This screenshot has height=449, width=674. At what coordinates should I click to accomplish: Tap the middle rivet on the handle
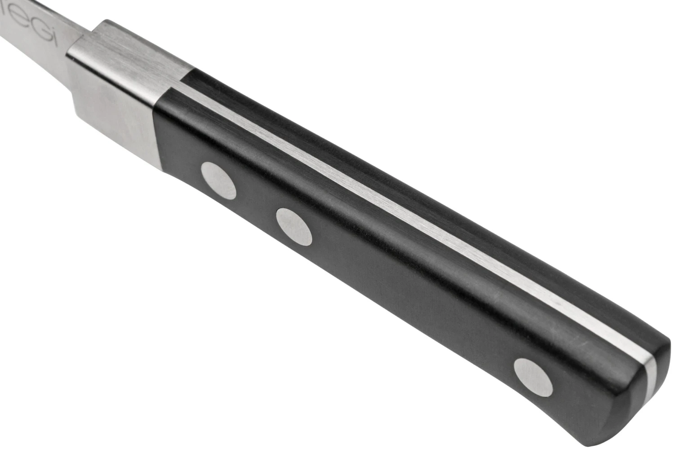tap(294, 226)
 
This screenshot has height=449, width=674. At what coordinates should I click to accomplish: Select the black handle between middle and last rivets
tap(413, 292)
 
